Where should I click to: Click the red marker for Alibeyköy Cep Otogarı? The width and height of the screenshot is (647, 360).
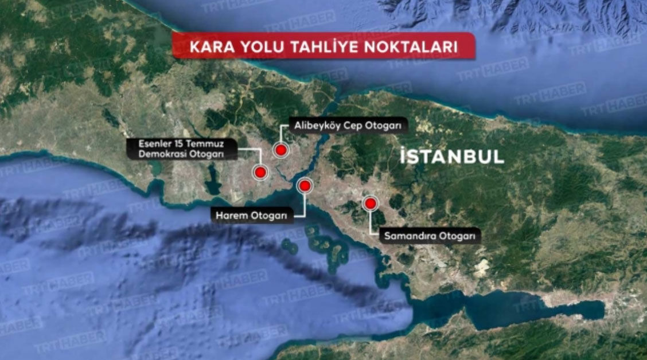coord(280,150)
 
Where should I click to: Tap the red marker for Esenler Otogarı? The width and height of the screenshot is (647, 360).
coord(260,172)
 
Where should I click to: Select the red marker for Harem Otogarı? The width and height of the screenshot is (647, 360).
coord(304,185)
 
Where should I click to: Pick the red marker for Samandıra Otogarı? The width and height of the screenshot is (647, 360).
coord(370,203)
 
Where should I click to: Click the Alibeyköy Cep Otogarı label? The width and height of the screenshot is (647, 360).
coord(349,125)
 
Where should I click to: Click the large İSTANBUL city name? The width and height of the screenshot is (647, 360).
coord(451,156)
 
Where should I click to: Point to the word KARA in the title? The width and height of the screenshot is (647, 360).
coord(209,48)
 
